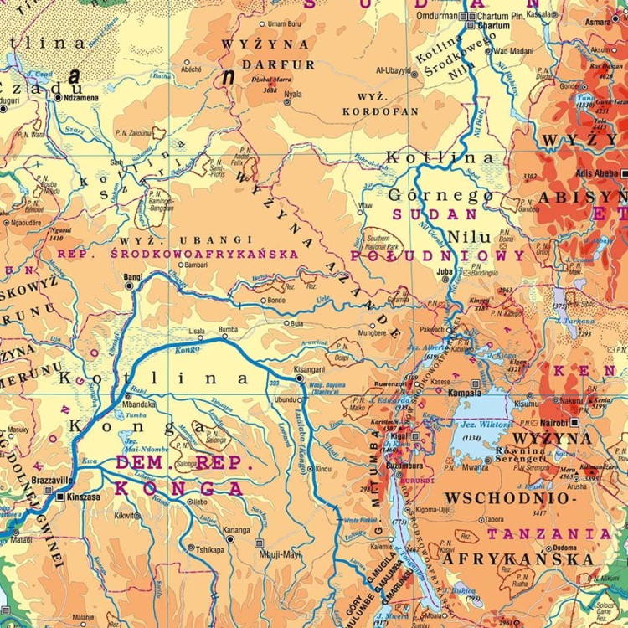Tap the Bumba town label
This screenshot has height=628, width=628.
click(228, 330)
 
